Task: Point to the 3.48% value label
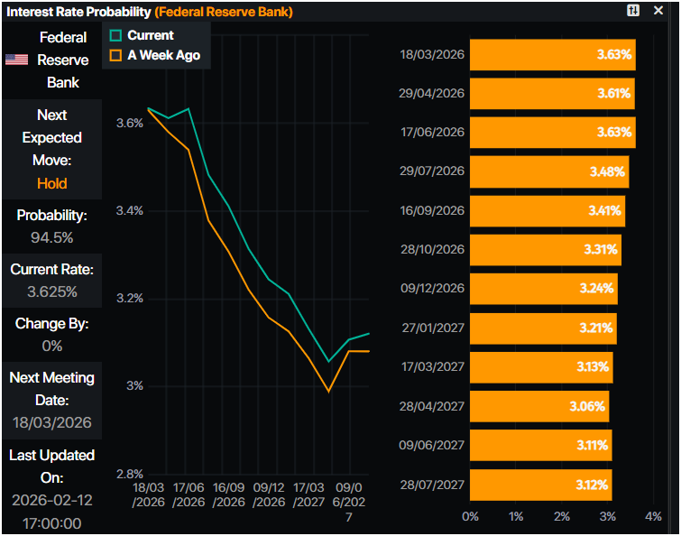[609, 171]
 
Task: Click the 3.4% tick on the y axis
[130, 210]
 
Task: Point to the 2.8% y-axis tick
[130, 474]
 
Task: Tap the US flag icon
[16, 60]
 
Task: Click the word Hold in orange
[52, 183]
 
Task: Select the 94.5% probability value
[51, 238]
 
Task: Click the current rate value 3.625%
[51, 291]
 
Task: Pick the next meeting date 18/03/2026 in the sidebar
[51, 422]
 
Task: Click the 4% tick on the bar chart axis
[654, 516]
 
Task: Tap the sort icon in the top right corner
[633, 10]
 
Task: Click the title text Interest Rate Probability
[78, 12]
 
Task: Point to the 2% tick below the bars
[562, 516]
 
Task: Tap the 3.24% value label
[596, 289]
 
